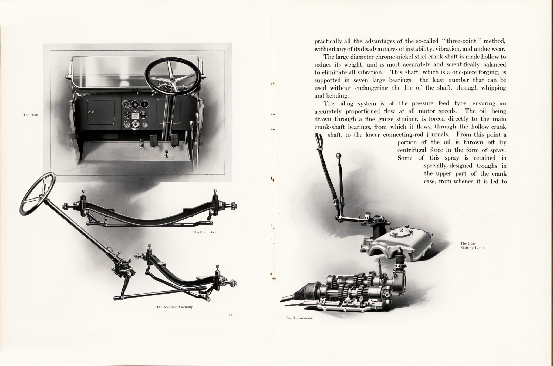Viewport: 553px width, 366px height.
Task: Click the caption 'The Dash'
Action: [31, 115]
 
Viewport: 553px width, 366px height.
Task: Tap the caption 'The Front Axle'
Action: [205, 232]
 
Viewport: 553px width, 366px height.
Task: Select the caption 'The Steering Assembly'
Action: [174, 307]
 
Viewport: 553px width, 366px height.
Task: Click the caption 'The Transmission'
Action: [299, 318]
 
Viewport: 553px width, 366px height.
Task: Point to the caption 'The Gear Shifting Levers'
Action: [473, 246]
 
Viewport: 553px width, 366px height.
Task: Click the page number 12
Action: [231, 315]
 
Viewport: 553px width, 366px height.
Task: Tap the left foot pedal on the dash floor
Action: [154, 140]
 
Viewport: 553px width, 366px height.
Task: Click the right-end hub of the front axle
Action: [232, 206]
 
